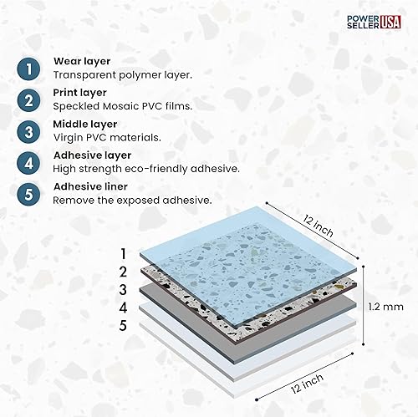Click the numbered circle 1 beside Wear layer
point(28,68)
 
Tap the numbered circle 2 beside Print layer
point(28,99)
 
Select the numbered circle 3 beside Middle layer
point(28,131)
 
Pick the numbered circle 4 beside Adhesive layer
point(28,162)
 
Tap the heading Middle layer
point(84,124)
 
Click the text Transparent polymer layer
point(122,74)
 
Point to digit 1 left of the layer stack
point(123,253)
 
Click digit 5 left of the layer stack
point(123,325)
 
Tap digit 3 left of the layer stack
point(123,289)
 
